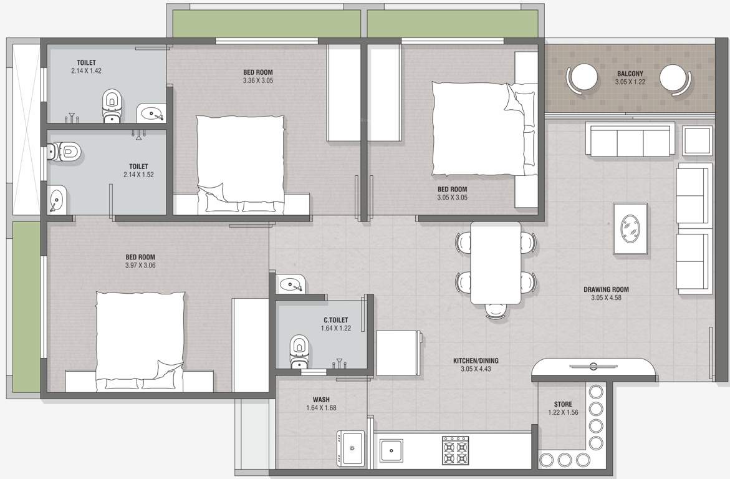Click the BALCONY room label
pyautogui.click(x=629, y=74)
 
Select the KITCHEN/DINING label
pyautogui.click(x=475, y=360)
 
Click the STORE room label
pyautogui.click(x=562, y=404)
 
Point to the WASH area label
pyautogui.click(x=321, y=400)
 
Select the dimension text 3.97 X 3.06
pyautogui.click(x=140, y=266)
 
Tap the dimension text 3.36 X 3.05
pyautogui.click(x=257, y=80)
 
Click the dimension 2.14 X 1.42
pyautogui.click(x=86, y=71)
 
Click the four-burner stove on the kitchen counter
pyautogui.click(x=455, y=450)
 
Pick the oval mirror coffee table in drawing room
pyautogui.click(x=630, y=228)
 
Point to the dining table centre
pyautogui.click(x=495, y=262)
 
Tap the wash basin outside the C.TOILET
pyautogui.click(x=291, y=284)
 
